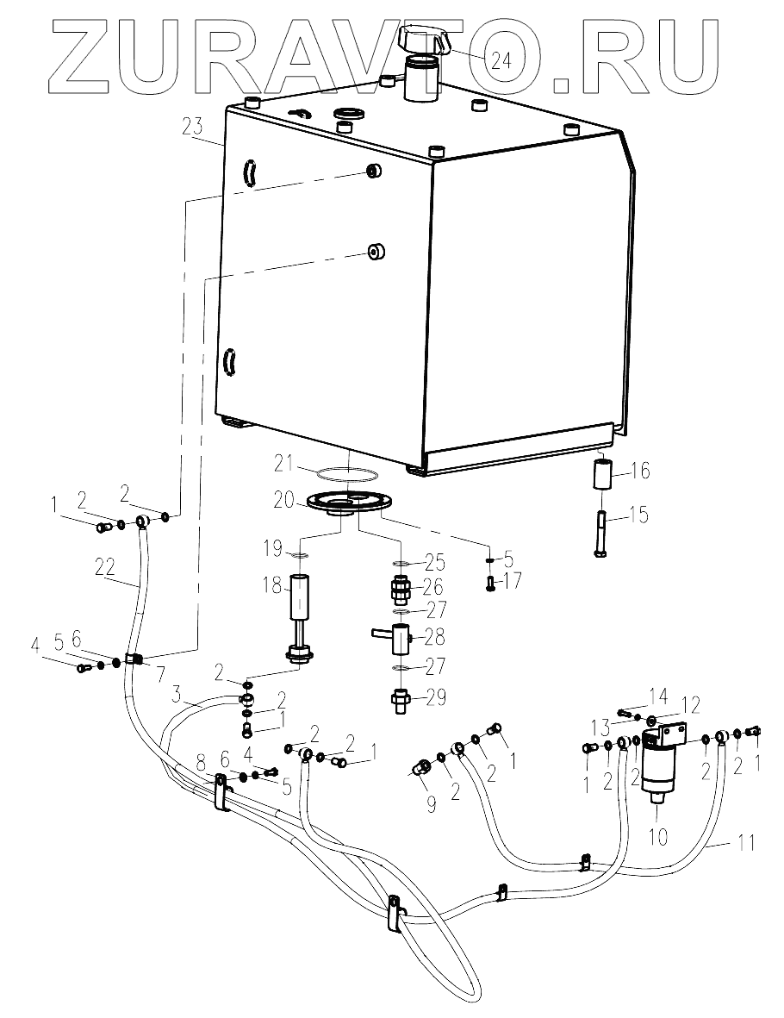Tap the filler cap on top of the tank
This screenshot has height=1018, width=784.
pyautogui.click(x=424, y=40)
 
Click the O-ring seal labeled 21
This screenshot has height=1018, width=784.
pyautogui.click(x=347, y=474)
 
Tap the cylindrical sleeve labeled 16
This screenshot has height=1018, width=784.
pyautogui.click(x=600, y=477)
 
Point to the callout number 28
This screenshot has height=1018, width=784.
pyautogui.click(x=436, y=637)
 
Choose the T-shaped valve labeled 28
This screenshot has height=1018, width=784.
pyautogui.click(x=398, y=637)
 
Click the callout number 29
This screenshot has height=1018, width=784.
pyautogui.click(x=436, y=697)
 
